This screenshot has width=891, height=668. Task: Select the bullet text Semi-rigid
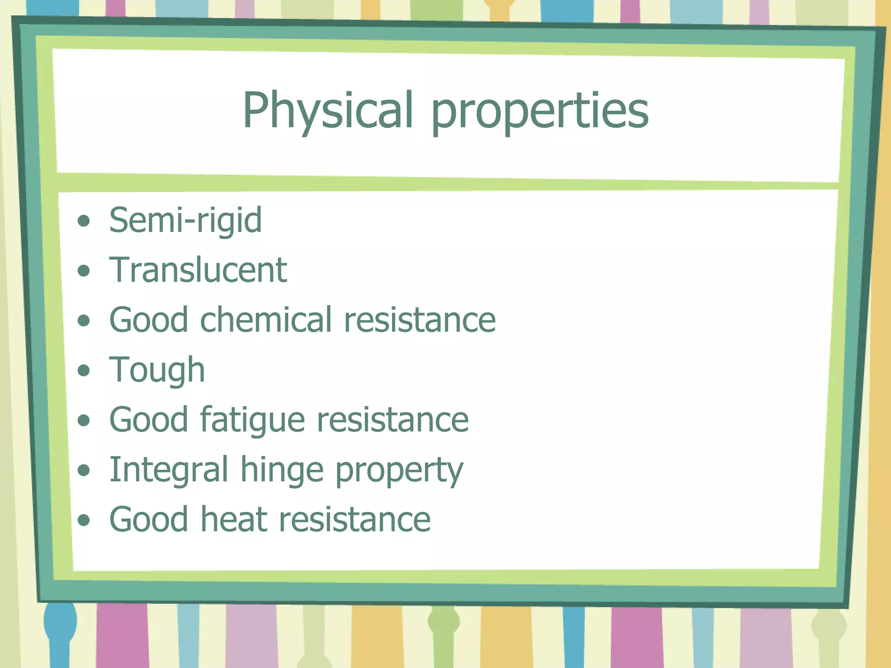[x=185, y=220]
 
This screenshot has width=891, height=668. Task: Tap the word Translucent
[x=198, y=270]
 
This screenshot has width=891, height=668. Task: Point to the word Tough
[x=157, y=371]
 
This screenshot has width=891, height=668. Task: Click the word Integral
[x=168, y=470]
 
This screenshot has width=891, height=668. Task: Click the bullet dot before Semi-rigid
[x=84, y=221]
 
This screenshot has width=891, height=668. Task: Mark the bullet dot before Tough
[x=84, y=371]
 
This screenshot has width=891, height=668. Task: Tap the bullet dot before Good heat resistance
[x=84, y=520]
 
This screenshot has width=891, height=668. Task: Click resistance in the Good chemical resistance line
[x=419, y=320]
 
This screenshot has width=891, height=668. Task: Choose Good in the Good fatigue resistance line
[x=148, y=420]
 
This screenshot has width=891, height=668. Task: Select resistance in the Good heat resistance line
[x=355, y=520]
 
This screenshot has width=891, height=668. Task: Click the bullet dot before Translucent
[x=84, y=271]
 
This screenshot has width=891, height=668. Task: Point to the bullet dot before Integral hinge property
[x=84, y=470]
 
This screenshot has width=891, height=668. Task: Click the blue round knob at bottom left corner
[x=60, y=621]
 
